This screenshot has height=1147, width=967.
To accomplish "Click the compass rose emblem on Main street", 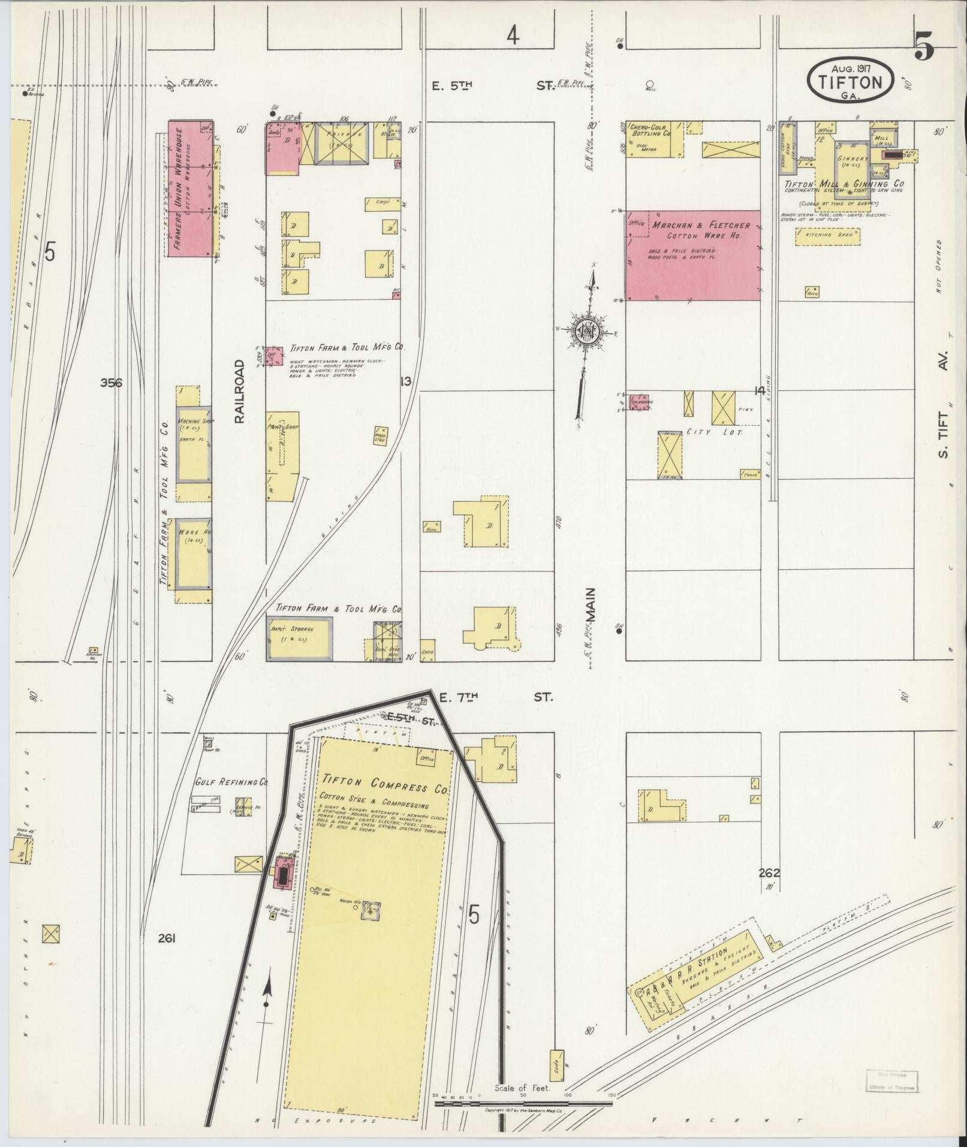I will click(588, 331).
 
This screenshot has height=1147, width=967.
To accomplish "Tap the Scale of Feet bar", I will click(525, 1100).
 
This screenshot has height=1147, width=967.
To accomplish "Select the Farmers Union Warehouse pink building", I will click(190, 189).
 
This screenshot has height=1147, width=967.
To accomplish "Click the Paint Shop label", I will click(282, 427).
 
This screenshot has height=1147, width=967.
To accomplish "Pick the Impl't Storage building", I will click(299, 640).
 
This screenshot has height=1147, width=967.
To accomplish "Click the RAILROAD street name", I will click(240, 392).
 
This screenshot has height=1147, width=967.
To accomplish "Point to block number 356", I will click(112, 383).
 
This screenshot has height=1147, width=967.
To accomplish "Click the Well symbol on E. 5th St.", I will click(649, 85).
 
